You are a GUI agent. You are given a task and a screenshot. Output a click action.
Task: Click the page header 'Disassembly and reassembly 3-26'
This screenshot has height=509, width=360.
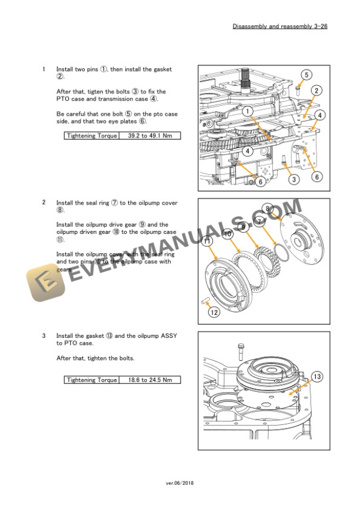(x=280, y=26)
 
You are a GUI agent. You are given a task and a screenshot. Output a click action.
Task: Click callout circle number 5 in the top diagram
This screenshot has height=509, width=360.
(x=307, y=75)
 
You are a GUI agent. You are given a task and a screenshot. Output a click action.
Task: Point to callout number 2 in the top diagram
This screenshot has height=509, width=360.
(x=316, y=91)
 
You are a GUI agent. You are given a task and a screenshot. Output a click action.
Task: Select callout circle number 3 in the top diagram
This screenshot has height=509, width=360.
(x=294, y=180)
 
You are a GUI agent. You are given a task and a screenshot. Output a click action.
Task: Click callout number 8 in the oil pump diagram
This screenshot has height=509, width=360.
(x=268, y=209)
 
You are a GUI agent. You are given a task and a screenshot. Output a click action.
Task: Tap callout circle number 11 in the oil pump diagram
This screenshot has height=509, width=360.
(x=207, y=242)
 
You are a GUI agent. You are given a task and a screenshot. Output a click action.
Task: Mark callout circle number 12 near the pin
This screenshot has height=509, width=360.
(x=214, y=313)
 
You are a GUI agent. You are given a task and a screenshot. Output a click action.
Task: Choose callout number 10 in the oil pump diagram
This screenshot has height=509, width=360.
(x=228, y=234)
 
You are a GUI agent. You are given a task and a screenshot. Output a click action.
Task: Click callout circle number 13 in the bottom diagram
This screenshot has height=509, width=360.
(x=316, y=377)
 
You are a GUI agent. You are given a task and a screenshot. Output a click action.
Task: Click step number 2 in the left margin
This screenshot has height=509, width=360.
(x=44, y=203)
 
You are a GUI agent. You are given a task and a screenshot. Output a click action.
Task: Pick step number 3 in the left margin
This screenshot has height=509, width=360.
(x=44, y=336)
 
